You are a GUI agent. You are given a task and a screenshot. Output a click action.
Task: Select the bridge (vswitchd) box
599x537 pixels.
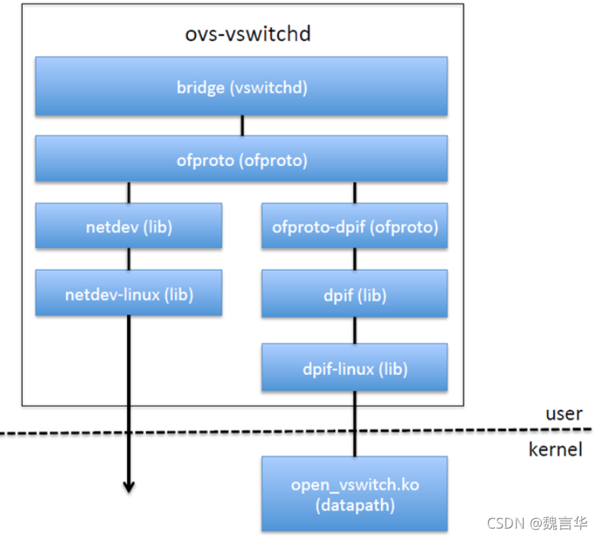tap(241, 86)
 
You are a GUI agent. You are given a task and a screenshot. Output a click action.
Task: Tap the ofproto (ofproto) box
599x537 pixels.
tap(241, 160)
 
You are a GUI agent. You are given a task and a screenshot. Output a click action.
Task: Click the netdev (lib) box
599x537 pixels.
tap(129, 226)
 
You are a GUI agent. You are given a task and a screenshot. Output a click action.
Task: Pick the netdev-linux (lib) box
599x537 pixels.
tap(129, 293)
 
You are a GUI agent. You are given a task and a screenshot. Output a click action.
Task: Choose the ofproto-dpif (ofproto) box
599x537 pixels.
tap(354, 226)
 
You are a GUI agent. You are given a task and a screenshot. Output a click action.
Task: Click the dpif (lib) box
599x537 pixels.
tap(354, 295)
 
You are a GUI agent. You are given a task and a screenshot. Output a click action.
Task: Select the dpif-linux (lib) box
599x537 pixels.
tap(354, 368)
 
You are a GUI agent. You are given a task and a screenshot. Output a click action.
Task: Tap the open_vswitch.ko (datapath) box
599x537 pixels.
tap(354, 493)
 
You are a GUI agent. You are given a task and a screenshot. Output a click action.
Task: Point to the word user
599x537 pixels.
tap(564, 414)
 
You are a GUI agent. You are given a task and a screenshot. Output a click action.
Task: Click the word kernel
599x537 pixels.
tap(555, 449)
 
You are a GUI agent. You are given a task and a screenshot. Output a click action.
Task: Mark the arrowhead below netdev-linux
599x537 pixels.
tap(129, 485)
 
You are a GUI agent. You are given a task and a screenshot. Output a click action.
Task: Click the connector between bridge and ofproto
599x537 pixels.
tap(242, 125)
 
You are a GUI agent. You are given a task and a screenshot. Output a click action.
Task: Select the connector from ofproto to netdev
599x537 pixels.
tap(129, 192)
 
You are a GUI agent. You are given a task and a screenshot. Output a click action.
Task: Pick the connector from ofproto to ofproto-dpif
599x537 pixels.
tap(354, 192)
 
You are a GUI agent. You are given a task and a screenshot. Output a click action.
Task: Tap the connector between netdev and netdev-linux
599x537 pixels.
tap(129, 259)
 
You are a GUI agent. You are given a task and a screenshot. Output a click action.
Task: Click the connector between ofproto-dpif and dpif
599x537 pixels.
tap(354, 260)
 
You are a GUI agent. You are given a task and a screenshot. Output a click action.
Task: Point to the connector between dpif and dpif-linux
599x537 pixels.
tap(354, 330)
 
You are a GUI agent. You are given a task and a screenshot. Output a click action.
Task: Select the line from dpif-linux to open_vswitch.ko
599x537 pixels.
tap(354, 425)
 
